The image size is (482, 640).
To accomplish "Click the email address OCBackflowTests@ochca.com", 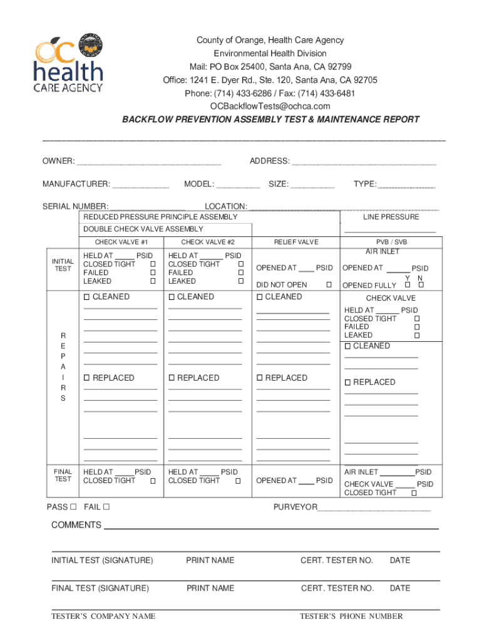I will point(270,106).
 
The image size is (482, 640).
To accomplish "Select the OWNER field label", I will point(58,161).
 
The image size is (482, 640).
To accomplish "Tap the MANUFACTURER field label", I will point(76,184).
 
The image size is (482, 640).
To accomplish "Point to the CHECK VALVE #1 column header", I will point(121,242).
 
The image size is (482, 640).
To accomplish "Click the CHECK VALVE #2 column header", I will point(208,242).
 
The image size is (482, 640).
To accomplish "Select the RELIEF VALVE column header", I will point(296,242).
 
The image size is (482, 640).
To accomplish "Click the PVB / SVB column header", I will point(391,242).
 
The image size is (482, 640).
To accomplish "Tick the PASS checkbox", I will point(73,507).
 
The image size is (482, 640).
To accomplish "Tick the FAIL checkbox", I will point(106,507).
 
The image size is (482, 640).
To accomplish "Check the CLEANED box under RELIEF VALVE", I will point(260,297).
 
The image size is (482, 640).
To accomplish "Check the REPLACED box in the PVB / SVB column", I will point(349,382).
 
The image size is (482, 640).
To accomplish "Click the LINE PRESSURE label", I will point(391,217).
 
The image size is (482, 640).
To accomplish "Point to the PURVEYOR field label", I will point(295,507).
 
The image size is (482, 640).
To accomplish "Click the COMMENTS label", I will point(76,525).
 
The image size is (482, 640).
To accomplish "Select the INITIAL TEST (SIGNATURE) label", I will point(102,560).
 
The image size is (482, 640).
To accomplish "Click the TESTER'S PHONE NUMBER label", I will point(351,616).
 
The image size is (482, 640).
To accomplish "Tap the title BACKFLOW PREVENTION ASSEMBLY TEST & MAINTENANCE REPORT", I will point(270,119).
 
